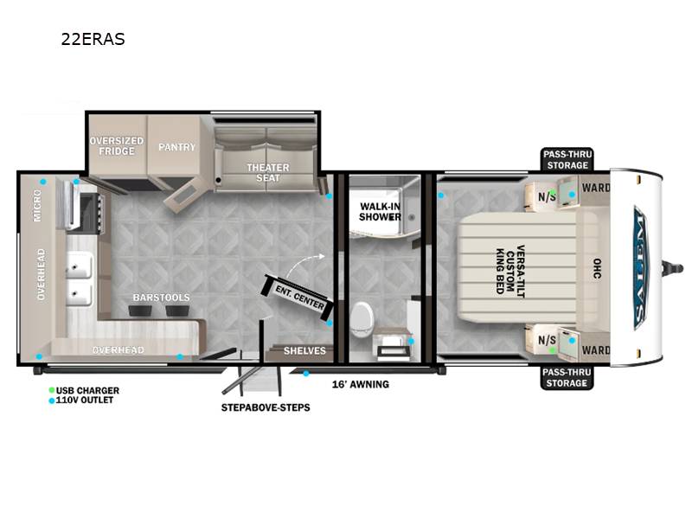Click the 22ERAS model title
pos(93,39)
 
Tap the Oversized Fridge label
pos(117,145)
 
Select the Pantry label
pos(177,147)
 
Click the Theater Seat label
pos(268,172)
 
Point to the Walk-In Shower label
pos(380,211)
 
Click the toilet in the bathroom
pos(362,319)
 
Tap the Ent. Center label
pos(299,297)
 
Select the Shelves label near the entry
pos(304,351)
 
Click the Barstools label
pos(162,298)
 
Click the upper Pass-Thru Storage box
pos(567,159)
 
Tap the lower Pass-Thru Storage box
pos(567,377)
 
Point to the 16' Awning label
pos(361,384)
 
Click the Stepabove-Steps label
pos(266,407)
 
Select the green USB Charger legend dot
pos(52,390)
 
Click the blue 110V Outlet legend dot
pos(52,400)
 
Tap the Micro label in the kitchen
pos(37,205)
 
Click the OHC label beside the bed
pos(597,268)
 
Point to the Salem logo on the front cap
pos(640,268)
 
